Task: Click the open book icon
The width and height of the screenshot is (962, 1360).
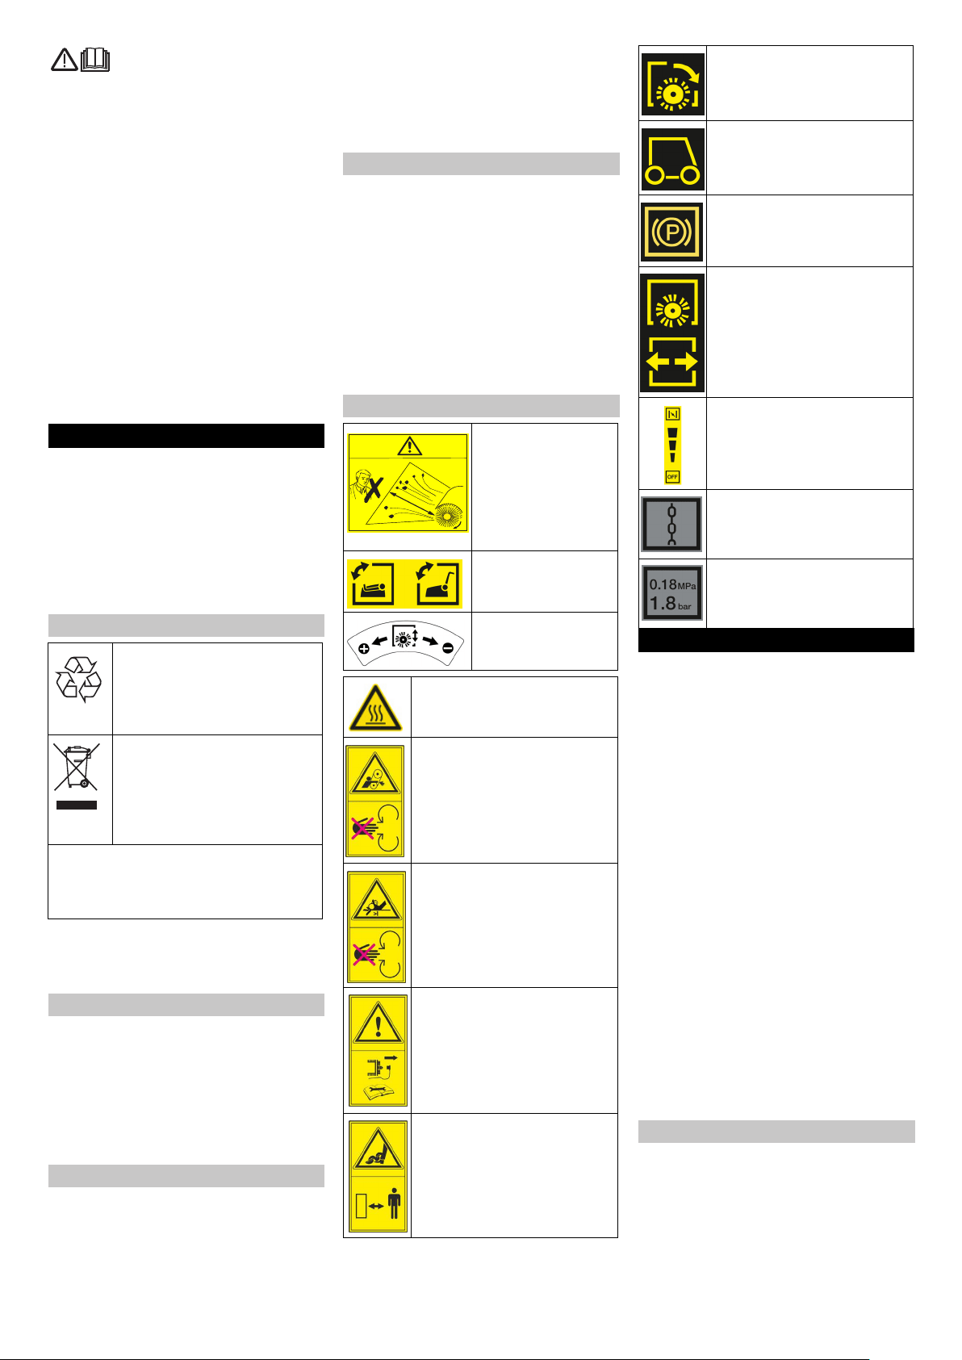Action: point(95,60)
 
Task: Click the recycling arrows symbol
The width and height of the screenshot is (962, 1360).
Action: point(78,680)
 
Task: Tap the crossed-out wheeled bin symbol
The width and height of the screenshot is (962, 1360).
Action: point(77,767)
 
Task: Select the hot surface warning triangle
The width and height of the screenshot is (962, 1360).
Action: point(376,708)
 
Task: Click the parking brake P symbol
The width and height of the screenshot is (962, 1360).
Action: point(671,232)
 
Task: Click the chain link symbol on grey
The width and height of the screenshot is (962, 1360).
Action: point(671,525)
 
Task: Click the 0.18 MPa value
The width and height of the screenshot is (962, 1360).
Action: point(672,584)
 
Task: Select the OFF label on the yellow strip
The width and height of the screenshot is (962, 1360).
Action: point(672,477)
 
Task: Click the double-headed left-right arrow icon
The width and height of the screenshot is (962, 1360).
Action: point(672,362)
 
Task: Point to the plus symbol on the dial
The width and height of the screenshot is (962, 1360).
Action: point(363,649)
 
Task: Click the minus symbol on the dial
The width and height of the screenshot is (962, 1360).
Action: point(448,648)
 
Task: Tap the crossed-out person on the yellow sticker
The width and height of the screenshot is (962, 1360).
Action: point(367,485)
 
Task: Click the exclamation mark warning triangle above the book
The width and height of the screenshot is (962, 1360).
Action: point(379,1023)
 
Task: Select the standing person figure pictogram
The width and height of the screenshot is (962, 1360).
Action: point(395,1203)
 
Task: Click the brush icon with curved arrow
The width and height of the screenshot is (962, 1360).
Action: point(672,85)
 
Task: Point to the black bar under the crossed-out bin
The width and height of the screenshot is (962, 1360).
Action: point(77,805)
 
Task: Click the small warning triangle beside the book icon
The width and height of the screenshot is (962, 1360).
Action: point(64,60)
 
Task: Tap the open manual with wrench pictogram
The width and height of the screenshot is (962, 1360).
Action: point(377,1093)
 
